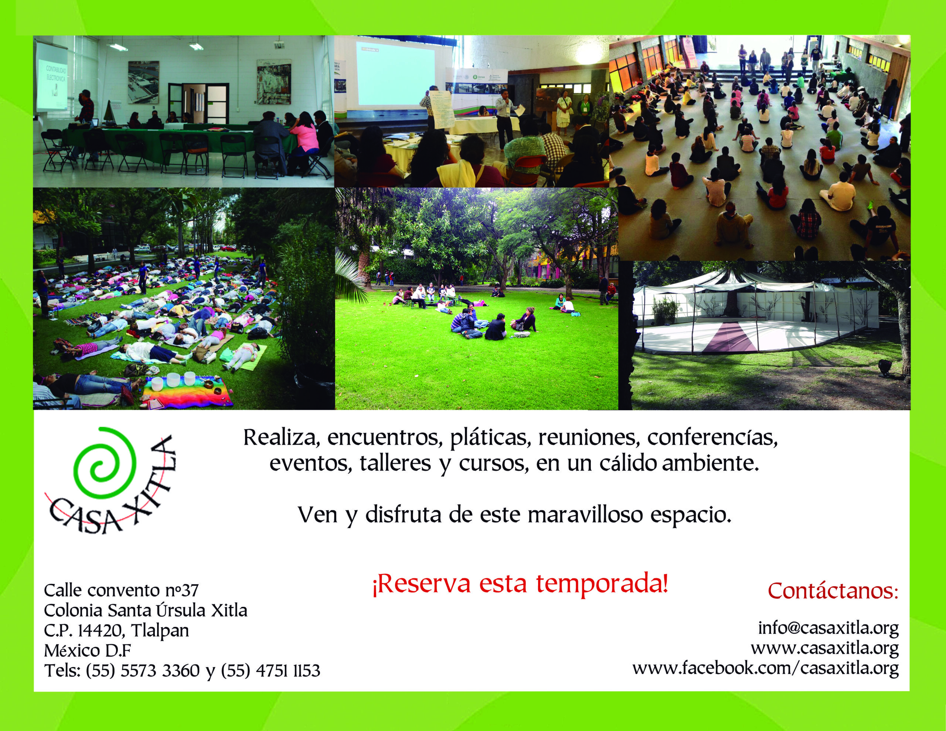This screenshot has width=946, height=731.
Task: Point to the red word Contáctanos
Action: pyautogui.click(x=833, y=591)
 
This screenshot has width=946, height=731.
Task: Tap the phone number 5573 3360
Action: pyautogui.click(x=160, y=671)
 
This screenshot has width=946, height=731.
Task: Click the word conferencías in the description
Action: pyautogui.click(x=712, y=438)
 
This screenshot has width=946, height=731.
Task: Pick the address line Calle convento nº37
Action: pyautogui.click(x=121, y=590)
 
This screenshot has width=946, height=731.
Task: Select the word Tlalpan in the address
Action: pyautogui.click(x=160, y=631)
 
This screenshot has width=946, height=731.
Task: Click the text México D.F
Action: pyautogui.click(x=88, y=650)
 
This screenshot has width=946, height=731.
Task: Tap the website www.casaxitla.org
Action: pyautogui.click(x=825, y=648)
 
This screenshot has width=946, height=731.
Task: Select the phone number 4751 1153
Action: pyautogui.click(x=287, y=671)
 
